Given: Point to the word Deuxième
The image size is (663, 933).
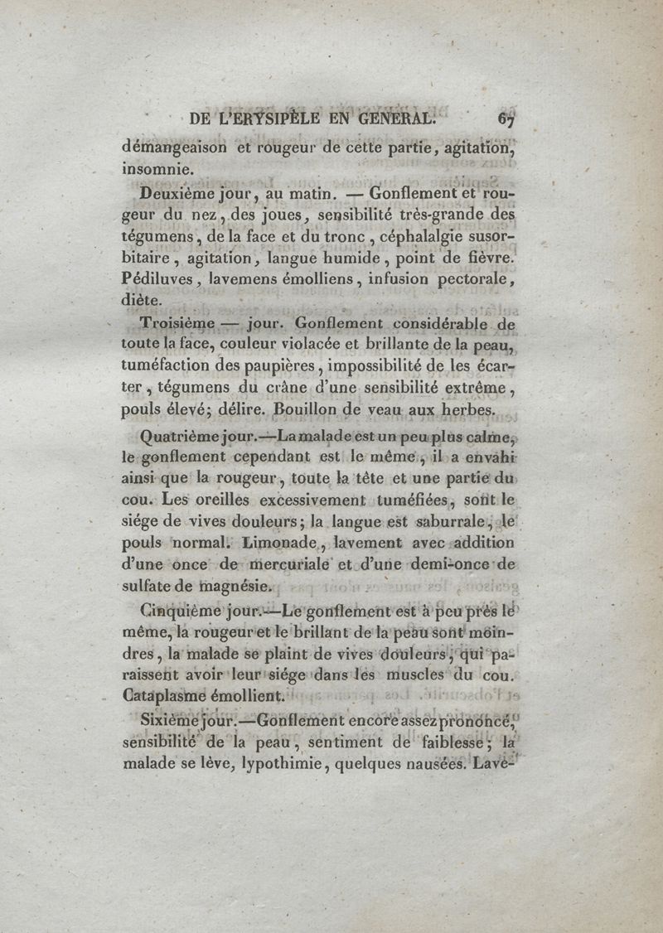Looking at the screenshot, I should pyautogui.click(x=175, y=196).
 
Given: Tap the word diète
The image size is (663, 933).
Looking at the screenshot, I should pyautogui.click(x=143, y=302).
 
